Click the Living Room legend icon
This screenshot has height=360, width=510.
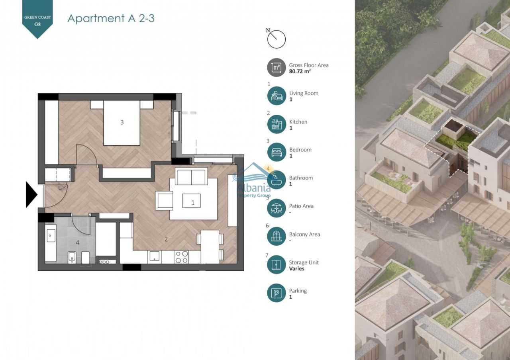tap(277, 96)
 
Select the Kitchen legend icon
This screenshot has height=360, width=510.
tap(277, 124)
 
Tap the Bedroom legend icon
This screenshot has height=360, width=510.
tap(277, 152)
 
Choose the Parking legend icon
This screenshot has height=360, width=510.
tap(277, 293)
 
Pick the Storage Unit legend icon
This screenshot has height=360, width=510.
tap(277, 265)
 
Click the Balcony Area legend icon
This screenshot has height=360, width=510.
tap(277, 237)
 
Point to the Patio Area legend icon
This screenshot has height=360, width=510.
tap(277, 208)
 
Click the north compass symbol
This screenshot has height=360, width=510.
tap(276, 39)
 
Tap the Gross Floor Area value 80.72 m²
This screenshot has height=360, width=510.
tap(300, 72)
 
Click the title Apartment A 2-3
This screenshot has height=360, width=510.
tap(111, 18)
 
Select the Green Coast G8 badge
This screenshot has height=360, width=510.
tap(37, 19)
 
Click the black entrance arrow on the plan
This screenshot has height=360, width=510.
tap(31, 195)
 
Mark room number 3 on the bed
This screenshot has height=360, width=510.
tap(122, 122)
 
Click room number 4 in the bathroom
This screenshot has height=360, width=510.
tap(78, 242)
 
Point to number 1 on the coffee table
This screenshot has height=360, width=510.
tap(193, 203)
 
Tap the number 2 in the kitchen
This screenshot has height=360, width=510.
tap(166, 239)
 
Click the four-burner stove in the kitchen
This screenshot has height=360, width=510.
tap(182, 257)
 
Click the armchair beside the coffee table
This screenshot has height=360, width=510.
tap(165, 200)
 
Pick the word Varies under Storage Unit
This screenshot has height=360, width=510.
tap(297, 269)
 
